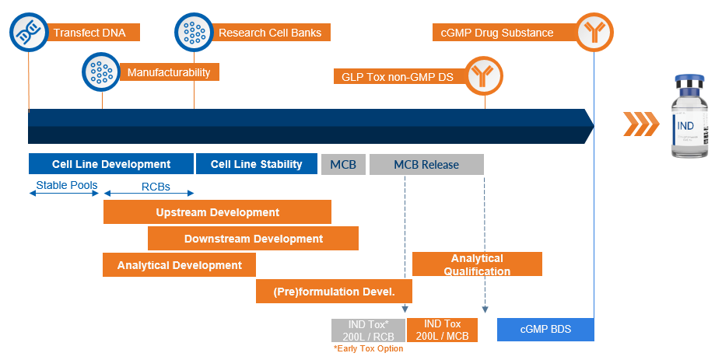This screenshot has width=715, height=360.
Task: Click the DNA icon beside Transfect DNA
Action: [29, 33]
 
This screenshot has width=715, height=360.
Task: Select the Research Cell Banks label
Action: [269, 33]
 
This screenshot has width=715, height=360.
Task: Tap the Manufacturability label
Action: [169, 72]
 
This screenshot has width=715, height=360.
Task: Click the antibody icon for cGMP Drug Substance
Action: [594, 33]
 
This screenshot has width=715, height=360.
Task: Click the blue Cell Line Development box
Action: [111, 164]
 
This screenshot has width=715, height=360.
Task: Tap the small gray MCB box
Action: [343, 164]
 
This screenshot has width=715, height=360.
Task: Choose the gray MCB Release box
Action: [426, 164]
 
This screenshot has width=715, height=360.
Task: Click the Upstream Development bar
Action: [217, 212]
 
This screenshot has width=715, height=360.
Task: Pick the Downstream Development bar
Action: [253, 239]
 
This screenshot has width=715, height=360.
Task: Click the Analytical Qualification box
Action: [477, 264]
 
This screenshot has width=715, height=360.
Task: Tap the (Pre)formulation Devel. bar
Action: [334, 292]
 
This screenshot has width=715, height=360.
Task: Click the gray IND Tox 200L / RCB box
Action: [368, 330]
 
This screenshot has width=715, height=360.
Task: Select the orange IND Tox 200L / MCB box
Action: [442, 330]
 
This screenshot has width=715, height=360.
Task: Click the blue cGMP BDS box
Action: [545, 330]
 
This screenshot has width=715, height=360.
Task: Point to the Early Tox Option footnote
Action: [368, 349]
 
